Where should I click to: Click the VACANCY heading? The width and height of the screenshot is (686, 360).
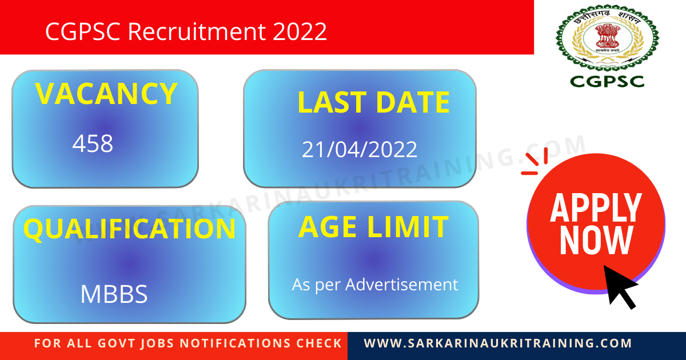click(106, 94)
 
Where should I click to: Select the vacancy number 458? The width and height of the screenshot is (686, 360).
click(93, 144)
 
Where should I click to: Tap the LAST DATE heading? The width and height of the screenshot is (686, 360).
click(373, 103)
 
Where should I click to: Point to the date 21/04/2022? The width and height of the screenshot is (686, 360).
click(360, 150)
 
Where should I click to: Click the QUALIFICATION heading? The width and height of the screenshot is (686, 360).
click(129, 229)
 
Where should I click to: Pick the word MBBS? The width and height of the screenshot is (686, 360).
click(114, 294)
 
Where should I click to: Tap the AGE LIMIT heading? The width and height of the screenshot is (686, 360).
click(373, 227)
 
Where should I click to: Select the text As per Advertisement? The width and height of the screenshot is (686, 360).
click(375, 284)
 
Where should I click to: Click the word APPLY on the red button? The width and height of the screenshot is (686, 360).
click(596, 208)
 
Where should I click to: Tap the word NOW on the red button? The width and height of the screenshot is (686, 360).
click(596, 241)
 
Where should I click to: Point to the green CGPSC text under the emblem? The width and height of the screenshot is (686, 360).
click(607, 81)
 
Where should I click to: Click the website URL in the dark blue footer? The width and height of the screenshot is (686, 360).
click(498, 343)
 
